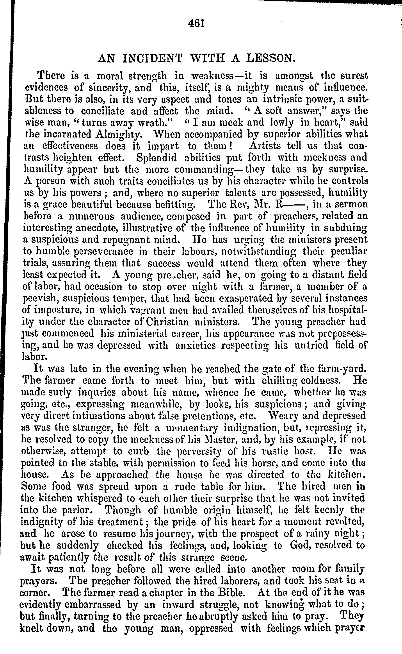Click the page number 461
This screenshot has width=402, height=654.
[x=196, y=24]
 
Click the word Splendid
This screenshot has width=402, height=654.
[x=156, y=158]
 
